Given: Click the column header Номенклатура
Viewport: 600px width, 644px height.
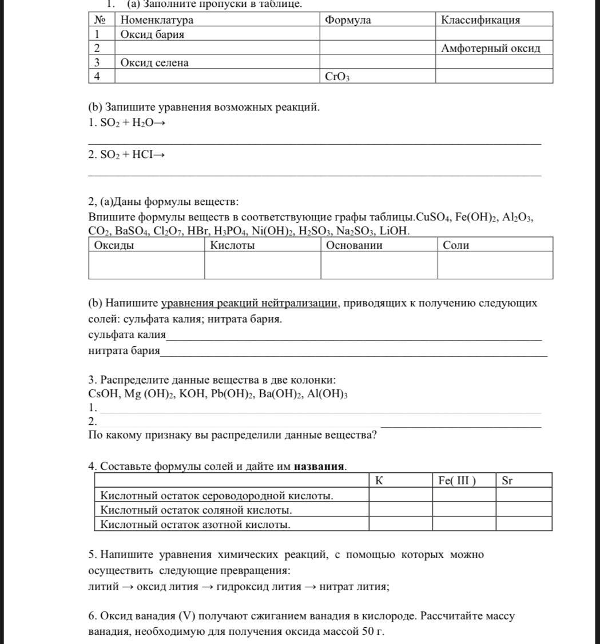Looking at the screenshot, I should (x=157, y=20).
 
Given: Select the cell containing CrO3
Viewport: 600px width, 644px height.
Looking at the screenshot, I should (x=337, y=77).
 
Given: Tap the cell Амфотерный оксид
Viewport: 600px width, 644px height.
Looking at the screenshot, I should (x=491, y=49).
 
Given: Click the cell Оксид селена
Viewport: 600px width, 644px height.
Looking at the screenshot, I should (x=154, y=63).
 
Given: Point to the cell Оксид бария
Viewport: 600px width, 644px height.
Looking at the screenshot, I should (x=152, y=34).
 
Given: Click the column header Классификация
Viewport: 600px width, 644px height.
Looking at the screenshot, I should (x=480, y=20).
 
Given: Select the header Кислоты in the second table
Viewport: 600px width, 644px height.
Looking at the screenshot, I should (x=232, y=246).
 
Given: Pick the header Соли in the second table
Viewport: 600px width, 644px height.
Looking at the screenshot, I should (x=456, y=246).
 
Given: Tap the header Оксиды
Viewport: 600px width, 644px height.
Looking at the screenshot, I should (x=114, y=246).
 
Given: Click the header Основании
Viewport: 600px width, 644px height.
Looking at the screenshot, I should (x=354, y=246).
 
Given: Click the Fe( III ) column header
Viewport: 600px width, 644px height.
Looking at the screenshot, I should (x=457, y=481).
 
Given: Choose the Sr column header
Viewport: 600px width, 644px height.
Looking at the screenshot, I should (x=507, y=481).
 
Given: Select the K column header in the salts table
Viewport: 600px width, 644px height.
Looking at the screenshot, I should (x=379, y=481).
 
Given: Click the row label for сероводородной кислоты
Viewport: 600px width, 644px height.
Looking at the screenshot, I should (x=217, y=496).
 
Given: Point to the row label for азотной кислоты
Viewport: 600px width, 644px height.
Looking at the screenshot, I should (x=196, y=524).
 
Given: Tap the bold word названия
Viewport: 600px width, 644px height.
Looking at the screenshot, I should (x=319, y=467).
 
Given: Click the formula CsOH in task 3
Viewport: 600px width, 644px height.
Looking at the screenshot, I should (x=103, y=394).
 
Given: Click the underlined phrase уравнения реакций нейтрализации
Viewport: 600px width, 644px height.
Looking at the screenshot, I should (x=249, y=303).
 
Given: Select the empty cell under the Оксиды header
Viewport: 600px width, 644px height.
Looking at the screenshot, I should (x=146, y=265).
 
